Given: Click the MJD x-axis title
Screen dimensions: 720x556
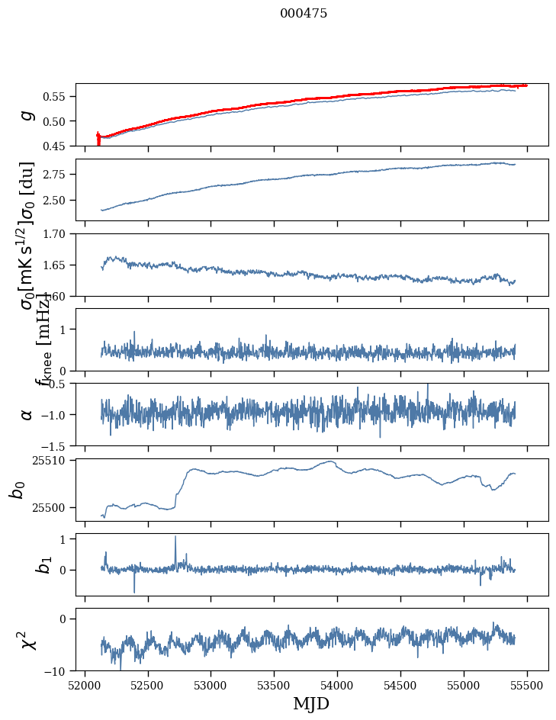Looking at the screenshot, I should click(311, 703).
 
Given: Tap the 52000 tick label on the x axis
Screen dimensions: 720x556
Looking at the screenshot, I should click(85, 684).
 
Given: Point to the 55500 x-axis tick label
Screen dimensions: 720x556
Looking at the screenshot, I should click(527, 684).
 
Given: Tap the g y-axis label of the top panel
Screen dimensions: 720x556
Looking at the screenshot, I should click(27, 114).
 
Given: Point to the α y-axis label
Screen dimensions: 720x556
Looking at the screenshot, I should click(27, 414).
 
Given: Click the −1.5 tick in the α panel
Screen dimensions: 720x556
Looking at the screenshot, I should click(56, 445).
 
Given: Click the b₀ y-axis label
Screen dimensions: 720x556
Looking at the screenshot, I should click(17, 489).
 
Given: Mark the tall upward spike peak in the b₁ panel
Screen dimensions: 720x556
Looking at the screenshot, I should click(175, 536).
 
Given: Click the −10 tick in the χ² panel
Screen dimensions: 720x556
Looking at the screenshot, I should click(59, 670).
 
